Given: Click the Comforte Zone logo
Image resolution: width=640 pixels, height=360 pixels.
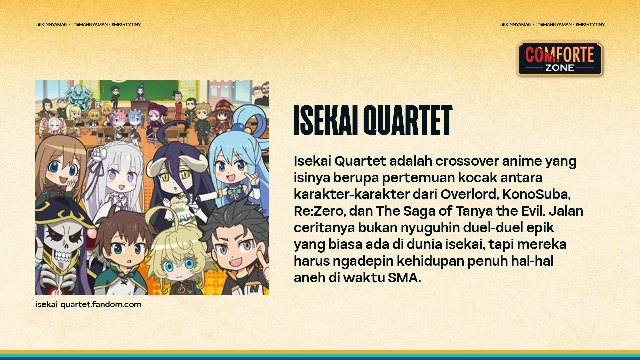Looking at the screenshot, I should pyautogui.click(x=560, y=59).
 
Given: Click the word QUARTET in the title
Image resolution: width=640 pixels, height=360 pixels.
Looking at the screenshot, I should pyautogui.click(x=408, y=120).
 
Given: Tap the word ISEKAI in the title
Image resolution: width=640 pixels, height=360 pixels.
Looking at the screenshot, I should pyautogui.click(x=326, y=120).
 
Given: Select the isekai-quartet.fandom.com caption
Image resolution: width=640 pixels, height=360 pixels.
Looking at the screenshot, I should pyautogui.click(x=88, y=304).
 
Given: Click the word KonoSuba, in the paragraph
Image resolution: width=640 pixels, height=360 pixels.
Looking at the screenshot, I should pyautogui.click(x=536, y=194).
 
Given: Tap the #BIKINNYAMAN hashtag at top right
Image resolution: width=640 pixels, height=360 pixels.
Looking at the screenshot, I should pyautogui.click(x=515, y=24).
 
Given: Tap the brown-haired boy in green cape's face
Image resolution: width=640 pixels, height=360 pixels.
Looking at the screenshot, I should pyautogui.click(x=125, y=250).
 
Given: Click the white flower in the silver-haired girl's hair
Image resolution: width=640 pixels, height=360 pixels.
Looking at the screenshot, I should pyautogui.click(x=99, y=155).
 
